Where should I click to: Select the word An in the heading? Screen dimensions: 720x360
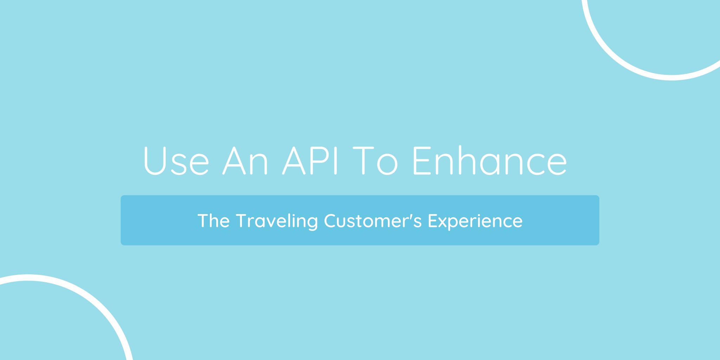tap(245, 160)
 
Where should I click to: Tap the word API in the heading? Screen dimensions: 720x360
tap(310, 160)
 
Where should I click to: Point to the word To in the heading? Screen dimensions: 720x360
tap(375, 160)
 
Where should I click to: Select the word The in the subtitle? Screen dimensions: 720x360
tap(214, 220)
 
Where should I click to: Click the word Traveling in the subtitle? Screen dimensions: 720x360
tap(277, 221)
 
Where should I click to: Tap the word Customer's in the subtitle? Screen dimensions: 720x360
tap(373, 220)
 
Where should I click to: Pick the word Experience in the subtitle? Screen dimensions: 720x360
tap(475, 221)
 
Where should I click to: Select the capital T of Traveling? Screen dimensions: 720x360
tap(243, 220)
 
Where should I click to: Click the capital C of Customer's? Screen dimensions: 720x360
tap(330, 220)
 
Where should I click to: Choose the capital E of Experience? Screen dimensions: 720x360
tap(433, 220)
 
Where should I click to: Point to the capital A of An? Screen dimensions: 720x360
tap(234, 160)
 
